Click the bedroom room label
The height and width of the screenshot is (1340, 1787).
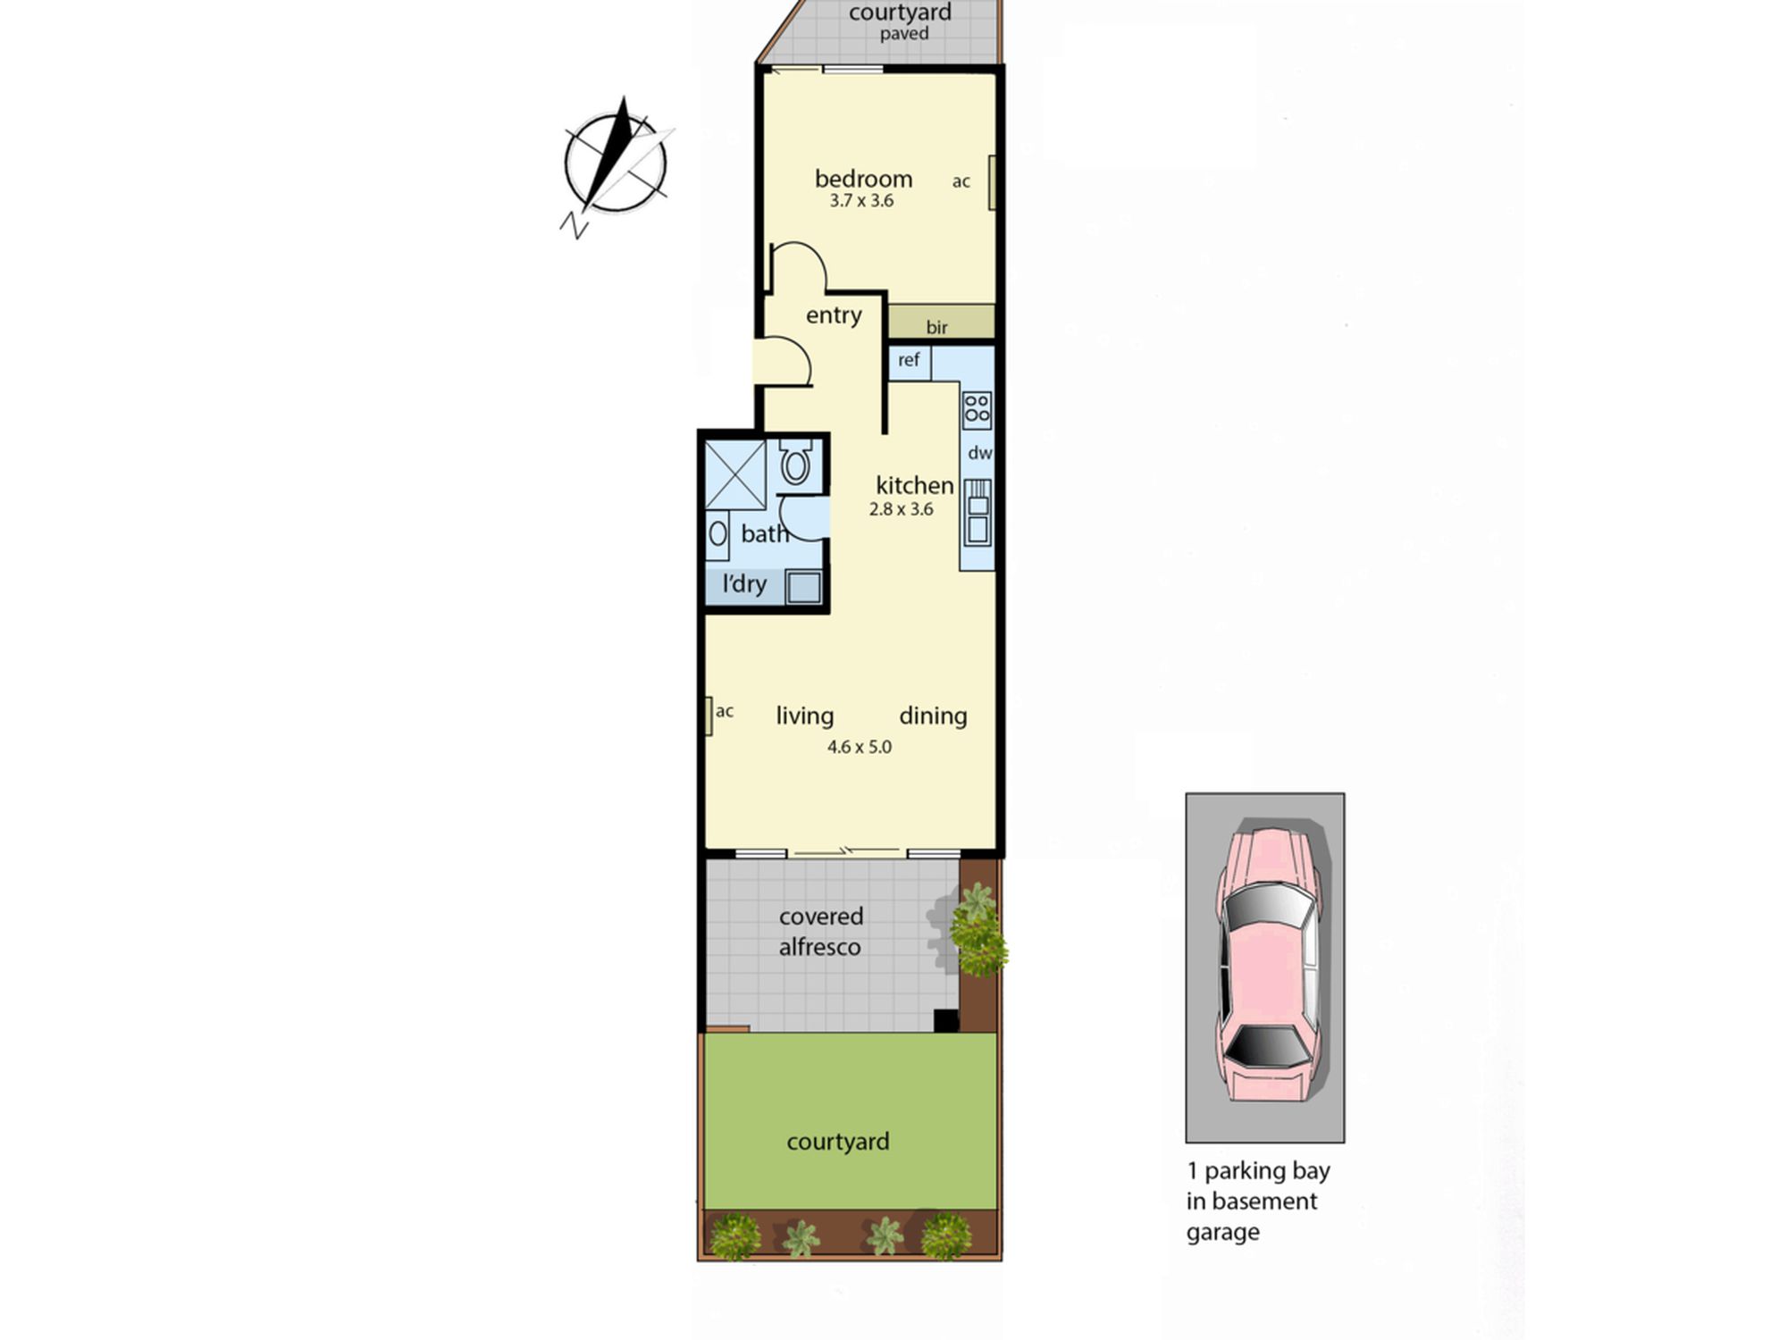pos(863,179)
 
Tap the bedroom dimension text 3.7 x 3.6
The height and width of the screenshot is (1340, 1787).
pos(861,201)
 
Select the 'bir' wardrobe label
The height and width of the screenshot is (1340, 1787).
pos(936,327)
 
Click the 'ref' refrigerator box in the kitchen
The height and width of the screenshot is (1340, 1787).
pos(910,362)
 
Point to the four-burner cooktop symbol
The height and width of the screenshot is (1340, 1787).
pos(977,409)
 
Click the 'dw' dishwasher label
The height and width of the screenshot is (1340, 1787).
pos(979,453)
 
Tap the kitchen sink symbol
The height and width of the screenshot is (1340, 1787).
pos(977,512)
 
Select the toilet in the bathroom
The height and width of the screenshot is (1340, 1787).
pos(795,462)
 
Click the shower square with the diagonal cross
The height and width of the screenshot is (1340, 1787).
pos(735,474)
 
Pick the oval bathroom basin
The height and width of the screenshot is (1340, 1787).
pos(717,534)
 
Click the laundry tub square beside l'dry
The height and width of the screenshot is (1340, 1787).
pos(803,587)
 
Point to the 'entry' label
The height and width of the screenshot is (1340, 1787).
pos(834,315)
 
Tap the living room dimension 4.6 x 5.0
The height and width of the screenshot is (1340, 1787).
pos(859,747)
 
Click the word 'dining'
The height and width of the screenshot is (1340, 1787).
pos(933,716)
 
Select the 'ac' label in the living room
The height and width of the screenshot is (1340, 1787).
pos(725,711)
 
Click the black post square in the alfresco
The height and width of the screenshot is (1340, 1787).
pos(946,1020)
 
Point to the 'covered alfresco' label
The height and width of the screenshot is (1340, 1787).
pos(820,932)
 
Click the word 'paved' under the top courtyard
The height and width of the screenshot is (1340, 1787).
pos(904,34)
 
